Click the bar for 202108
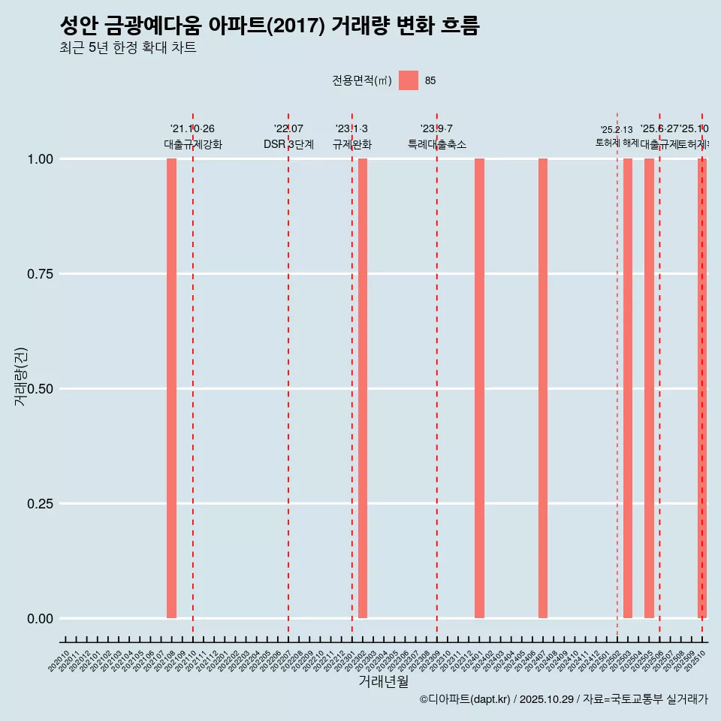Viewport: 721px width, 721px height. [x=171, y=388]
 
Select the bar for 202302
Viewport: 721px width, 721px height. [x=363, y=388]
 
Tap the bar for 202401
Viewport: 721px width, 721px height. [x=479, y=388]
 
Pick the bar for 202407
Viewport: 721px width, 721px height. [x=543, y=388]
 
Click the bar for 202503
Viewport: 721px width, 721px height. [x=628, y=388]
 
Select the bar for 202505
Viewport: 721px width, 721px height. [x=649, y=388]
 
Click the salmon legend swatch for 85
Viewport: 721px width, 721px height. [x=409, y=80]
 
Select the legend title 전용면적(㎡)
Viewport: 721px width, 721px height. [x=362, y=81]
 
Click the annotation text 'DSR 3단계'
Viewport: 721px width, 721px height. [x=288, y=144]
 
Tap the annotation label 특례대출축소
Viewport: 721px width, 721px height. [x=437, y=144]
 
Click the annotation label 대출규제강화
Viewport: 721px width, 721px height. [x=193, y=144]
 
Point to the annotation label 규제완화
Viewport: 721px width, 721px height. [x=352, y=144]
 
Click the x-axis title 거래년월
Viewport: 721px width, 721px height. [x=383, y=681]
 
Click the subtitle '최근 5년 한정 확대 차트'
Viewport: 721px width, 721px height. [x=128, y=48]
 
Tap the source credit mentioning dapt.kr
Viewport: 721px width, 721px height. [x=563, y=700]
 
